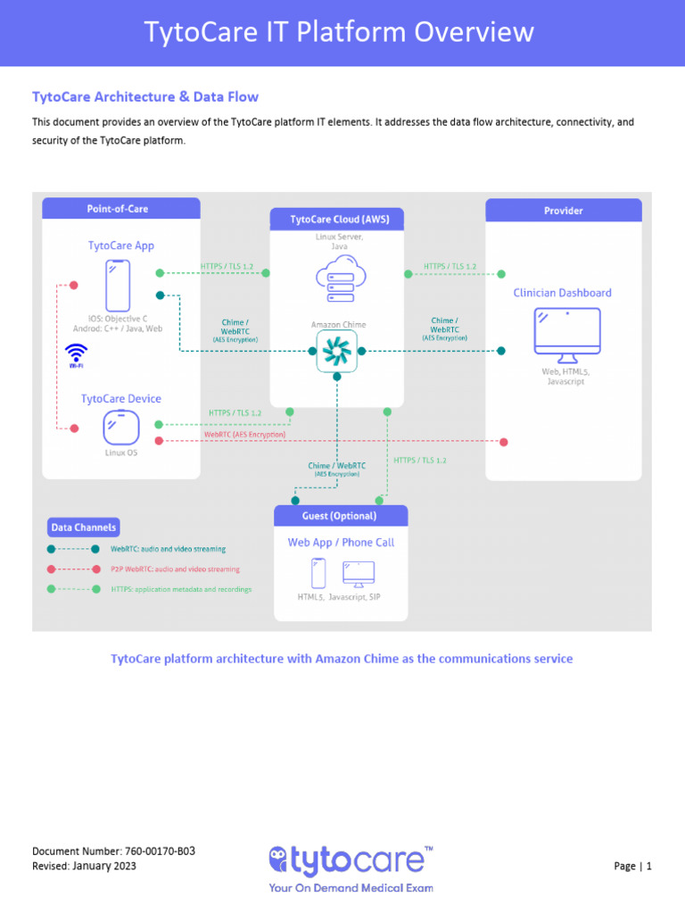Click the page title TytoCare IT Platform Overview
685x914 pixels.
[340, 33]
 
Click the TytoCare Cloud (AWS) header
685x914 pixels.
[334, 219]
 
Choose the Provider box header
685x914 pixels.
[563, 211]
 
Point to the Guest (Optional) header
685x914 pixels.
[339, 516]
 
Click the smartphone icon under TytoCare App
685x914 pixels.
[118, 286]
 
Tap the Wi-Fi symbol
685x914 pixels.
[78, 353]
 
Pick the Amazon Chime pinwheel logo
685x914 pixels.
[336, 351]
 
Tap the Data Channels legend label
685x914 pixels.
[83, 528]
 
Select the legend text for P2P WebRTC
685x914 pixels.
[175, 569]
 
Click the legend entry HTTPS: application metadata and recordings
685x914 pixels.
[181, 589]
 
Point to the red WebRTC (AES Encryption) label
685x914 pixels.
[244, 435]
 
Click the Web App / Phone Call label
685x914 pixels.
[340, 543]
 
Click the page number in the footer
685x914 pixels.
[633, 866]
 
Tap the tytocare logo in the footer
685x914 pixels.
[351, 861]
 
